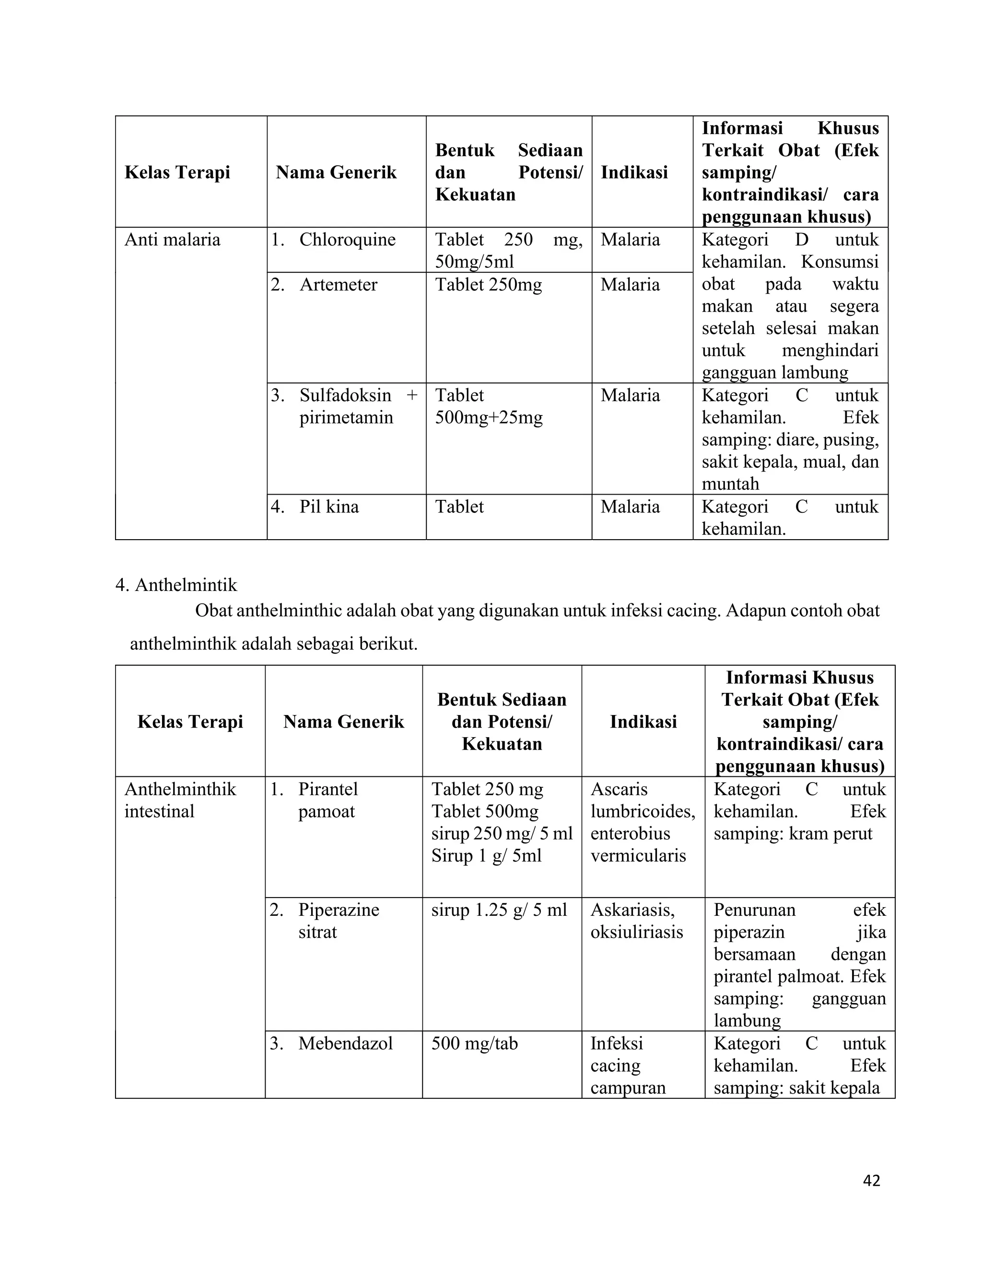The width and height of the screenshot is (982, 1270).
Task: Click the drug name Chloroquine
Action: click(347, 240)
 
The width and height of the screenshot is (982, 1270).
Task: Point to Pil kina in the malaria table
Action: click(328, 507)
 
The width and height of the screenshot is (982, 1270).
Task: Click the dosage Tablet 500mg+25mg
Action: click(489, 406)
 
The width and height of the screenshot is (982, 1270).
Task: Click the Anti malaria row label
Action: click(172, 240)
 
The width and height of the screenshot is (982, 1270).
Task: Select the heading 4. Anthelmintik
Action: click(176, 584)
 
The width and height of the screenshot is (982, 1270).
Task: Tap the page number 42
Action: click(871, 1180)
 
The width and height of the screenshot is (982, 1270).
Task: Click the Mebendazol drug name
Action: click(346, 1043)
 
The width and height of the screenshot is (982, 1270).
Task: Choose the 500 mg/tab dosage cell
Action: click(474, 1043)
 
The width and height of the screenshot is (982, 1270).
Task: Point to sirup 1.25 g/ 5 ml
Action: click(499, 910)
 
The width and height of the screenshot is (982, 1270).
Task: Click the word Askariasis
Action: click(632, 910)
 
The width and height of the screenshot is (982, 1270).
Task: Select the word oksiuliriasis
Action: click(636, 932)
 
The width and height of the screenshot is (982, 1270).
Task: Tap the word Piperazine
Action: click(339, 910)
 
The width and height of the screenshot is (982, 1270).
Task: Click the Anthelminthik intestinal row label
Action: click(180, 800)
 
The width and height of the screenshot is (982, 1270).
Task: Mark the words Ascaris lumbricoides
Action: click(642, 800)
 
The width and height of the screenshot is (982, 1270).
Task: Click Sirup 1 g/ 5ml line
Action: click(486, 855)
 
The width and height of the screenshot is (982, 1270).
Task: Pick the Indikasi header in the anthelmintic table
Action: click(643, 722)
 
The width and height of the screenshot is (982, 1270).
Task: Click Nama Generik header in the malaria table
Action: click(336, 172)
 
